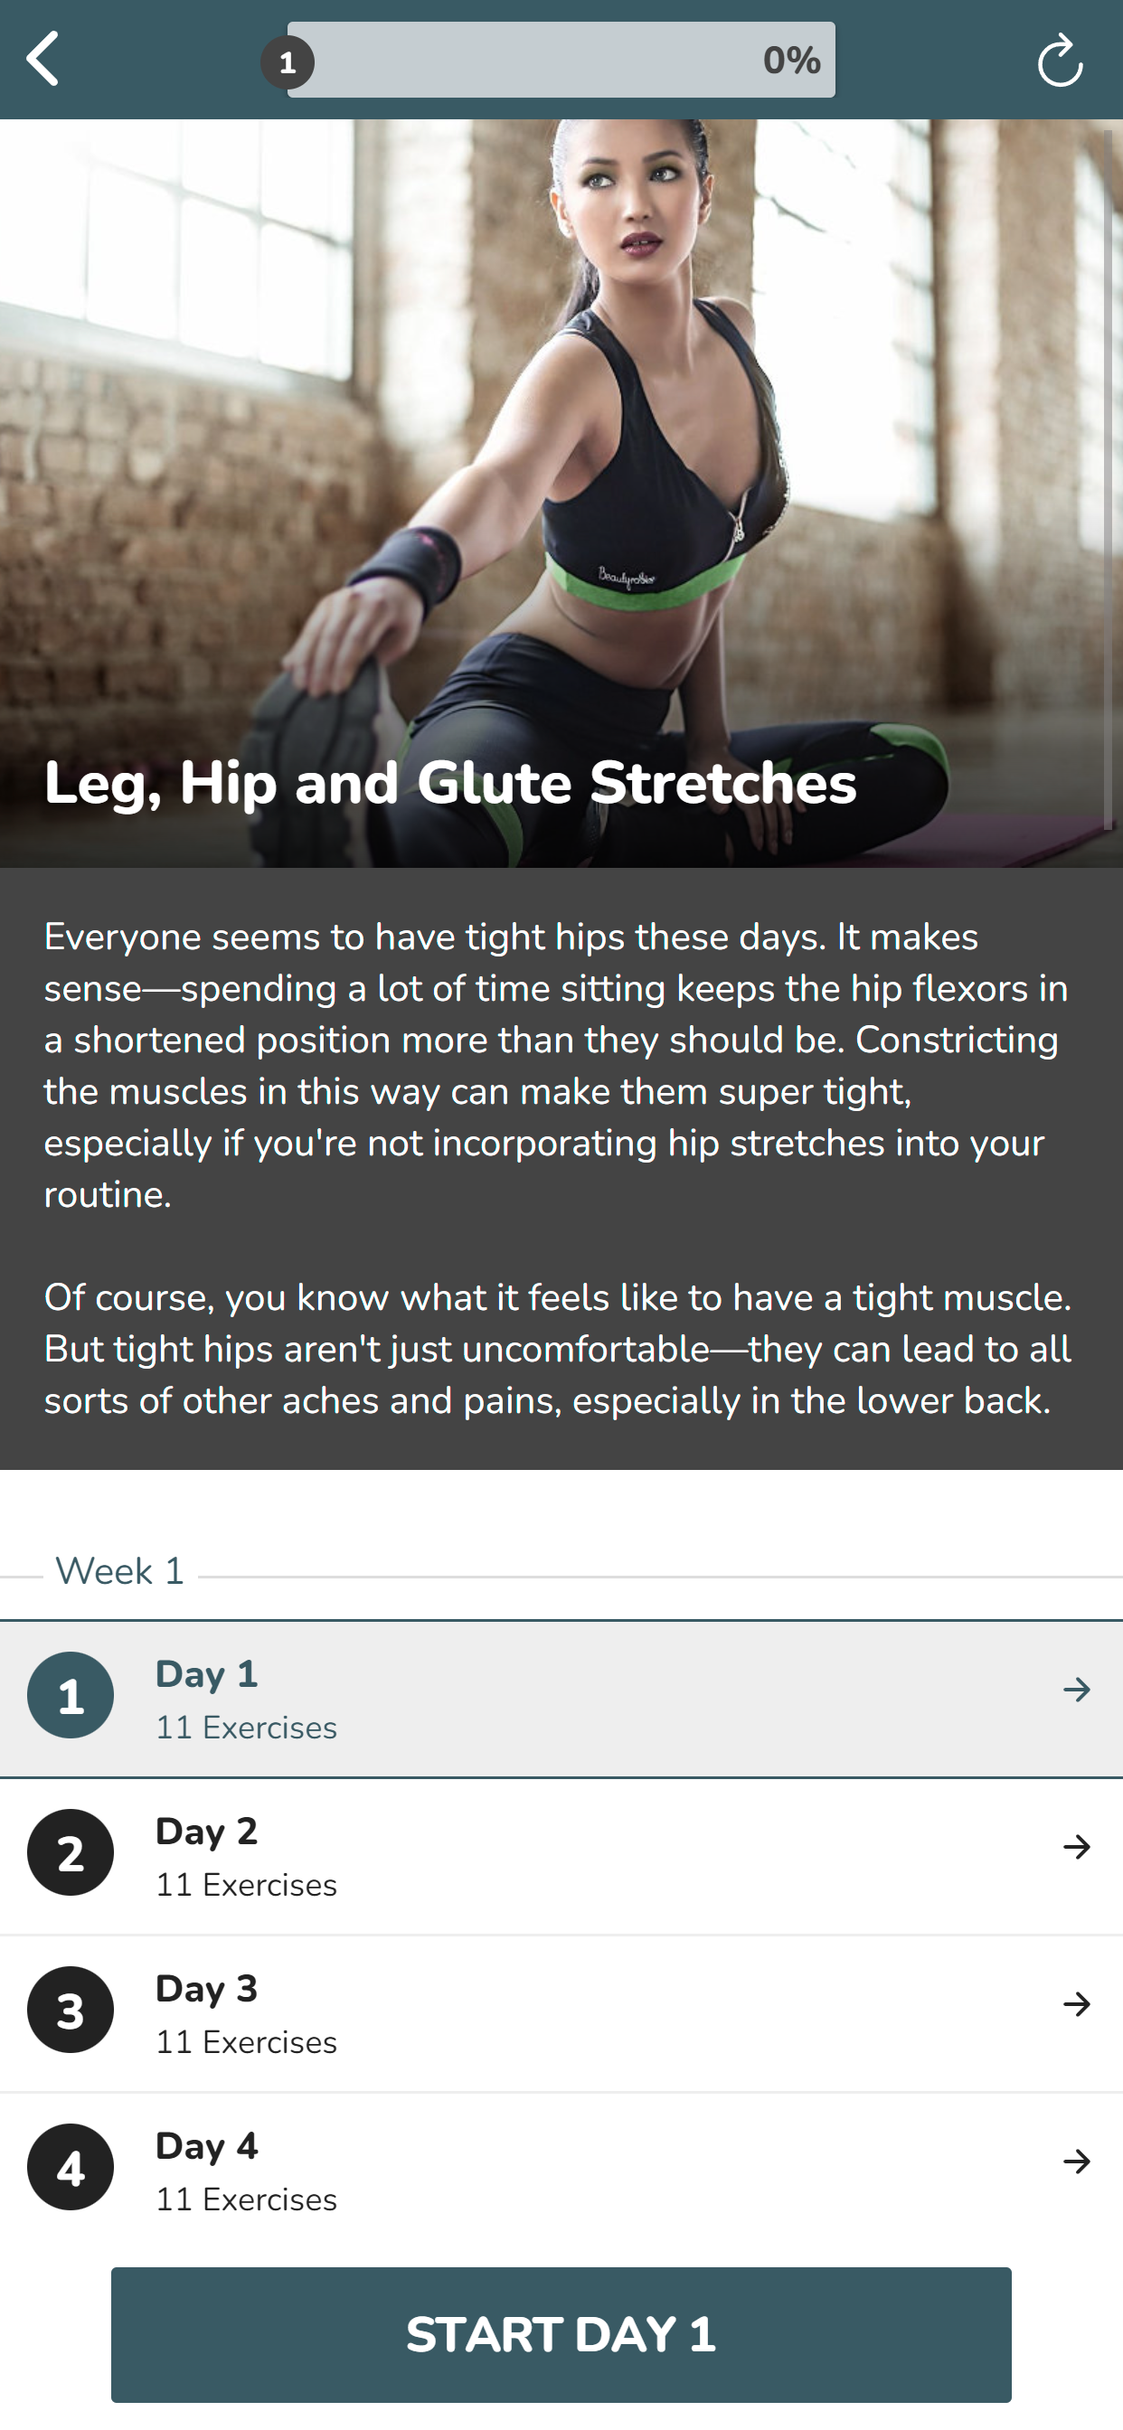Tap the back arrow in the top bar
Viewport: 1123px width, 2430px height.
point(42,59)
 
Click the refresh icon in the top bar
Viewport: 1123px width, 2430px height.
point(1060,61)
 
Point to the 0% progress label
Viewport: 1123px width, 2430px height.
point(792,61)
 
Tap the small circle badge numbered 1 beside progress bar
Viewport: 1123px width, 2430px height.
point(288,62)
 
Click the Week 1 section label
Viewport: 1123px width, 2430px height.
point(120,1570)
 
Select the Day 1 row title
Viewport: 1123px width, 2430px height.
point(207,1674)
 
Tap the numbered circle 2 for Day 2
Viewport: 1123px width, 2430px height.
point(71,1852)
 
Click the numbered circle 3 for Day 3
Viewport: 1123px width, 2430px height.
point(71,2011)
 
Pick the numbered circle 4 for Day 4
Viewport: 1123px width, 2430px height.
point(71,2168)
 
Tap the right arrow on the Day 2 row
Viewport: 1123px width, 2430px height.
point(1077,1847)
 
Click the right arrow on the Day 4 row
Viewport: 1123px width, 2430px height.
point(1077,2162)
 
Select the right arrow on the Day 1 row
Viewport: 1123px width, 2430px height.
point(1077,1690)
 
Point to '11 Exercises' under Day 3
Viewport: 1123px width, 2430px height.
point(246,2042)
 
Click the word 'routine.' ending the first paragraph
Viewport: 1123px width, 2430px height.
point(108,1195)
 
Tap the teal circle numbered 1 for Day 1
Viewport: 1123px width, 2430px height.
point(71,1695)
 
